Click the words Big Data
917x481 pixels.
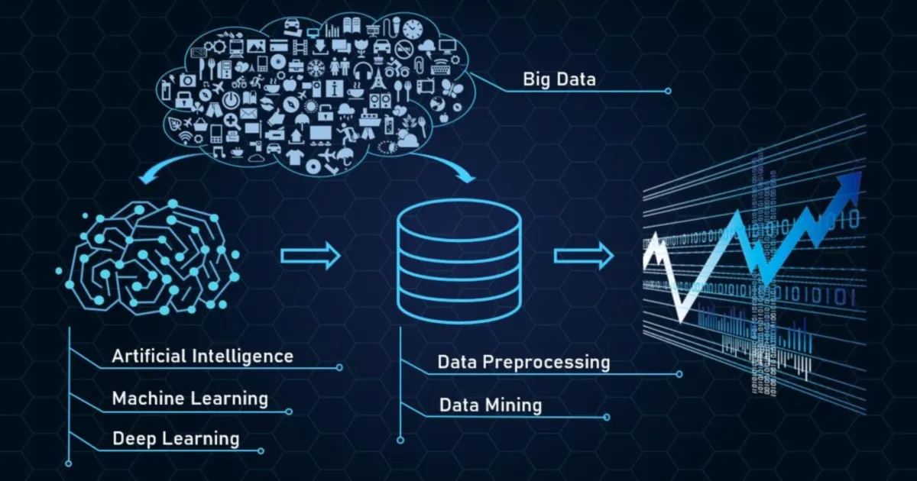[x=559, y=79]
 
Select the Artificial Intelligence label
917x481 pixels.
[x=203, y=356]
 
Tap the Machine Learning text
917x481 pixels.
[x=190, y=398]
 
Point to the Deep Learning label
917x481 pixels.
[x=176, y=438]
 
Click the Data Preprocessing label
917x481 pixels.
[x=523, y=362]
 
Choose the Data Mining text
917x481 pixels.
[x=490, y=405]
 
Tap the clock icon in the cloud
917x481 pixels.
[x=413, y=30]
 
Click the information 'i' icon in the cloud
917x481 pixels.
[x=335, y=89]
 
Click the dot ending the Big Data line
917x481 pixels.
[x=668, y=91]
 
